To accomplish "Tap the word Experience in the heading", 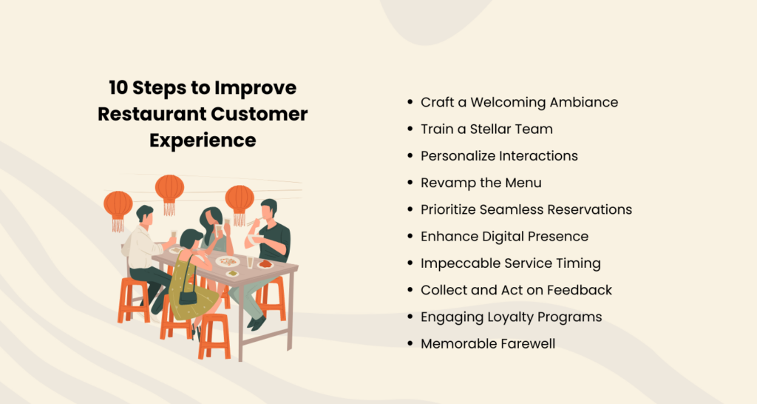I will click(x=203, y=140).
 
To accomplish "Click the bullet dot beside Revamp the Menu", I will click(x=410, y=183).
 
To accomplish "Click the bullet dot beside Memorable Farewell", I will click(x=410, y=343).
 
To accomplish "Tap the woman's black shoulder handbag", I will click(x=189, y=297).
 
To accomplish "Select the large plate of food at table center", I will click(x=227, y=261).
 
